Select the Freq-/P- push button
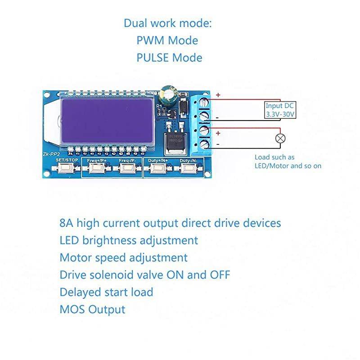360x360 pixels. pos(127,168)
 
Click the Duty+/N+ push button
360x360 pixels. pos(158,168)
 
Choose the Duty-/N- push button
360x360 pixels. pos(188,168)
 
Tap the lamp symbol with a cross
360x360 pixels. pos(279,139)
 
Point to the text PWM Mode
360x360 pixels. pos(167,40)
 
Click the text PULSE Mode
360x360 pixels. pos(169,58)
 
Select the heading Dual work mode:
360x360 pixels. pos(167,23)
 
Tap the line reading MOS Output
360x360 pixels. pos(92,309)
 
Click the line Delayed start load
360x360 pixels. pos(106,292)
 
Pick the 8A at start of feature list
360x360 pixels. pos(66,223)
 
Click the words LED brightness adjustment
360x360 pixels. pos(129,240)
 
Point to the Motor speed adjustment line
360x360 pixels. pos(123,257)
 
